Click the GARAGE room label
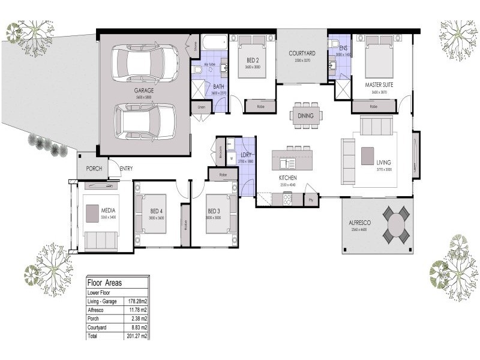[x=144, y=91]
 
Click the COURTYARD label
[x=302, y=53]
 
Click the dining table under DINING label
[x=307, y=115]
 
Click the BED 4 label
[x=157, y=211]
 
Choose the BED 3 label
[x=215, y=211]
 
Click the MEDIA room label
[x=108, y=211]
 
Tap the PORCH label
[x=94, y=169]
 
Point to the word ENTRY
[x=126, y=169]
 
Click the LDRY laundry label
[x=247, y=154]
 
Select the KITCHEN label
[x=289, y=179]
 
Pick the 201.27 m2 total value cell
[x=136, y=337]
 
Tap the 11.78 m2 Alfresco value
[x=136, y=310]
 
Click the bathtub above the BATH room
[x=215, y=43]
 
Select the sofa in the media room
[x=100, y=241]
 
